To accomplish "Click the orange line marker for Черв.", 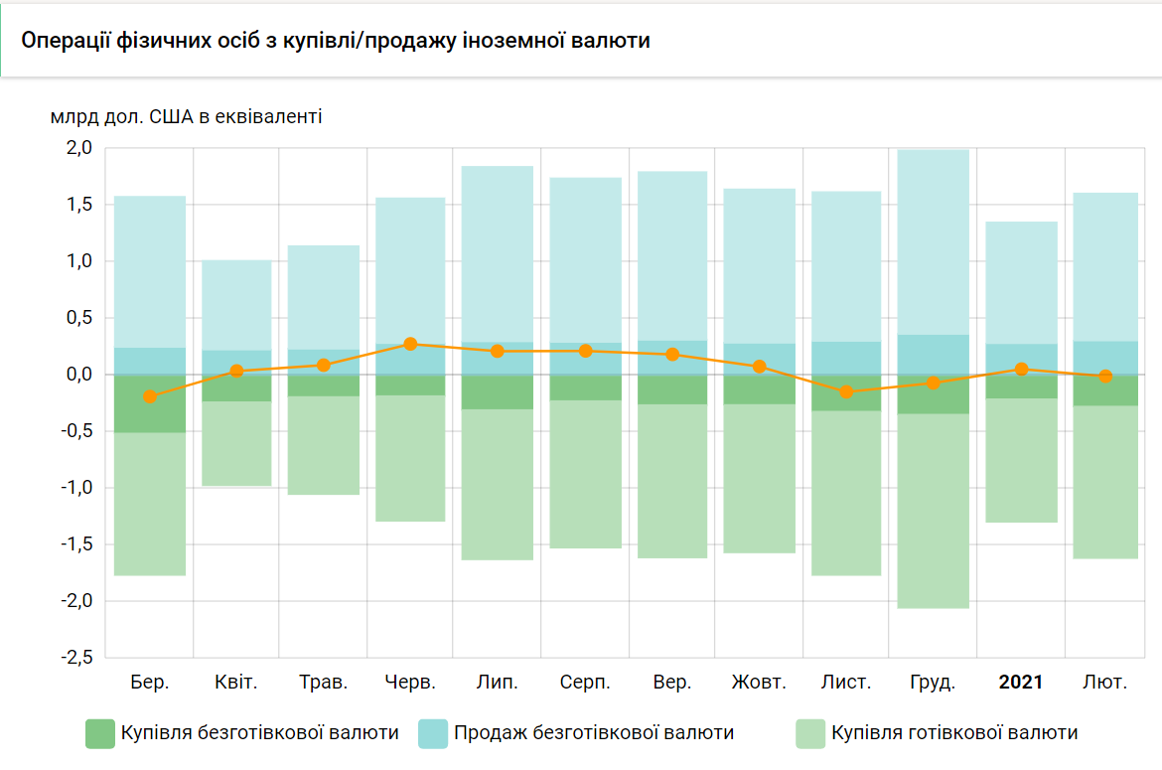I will pos(411,344).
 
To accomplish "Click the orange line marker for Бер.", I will pos(150,396).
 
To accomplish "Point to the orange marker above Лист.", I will pos(847,392).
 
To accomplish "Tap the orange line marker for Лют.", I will pos(1105,377).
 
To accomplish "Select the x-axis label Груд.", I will pos(933,683).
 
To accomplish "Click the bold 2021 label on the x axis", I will pos(1021,683).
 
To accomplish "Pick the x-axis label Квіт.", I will pos(236,683).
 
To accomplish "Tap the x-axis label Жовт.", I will pos(759,683).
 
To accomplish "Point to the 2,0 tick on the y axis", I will pos(79,148).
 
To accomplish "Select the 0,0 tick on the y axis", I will pos(79,375).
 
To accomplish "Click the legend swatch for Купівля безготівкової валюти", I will pos(100,733).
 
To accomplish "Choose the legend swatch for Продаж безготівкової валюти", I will pos(433,733).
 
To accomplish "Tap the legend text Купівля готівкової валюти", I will pos(954,733).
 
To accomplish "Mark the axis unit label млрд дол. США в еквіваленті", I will pos(186,117).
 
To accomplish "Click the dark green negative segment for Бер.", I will pos(150,403).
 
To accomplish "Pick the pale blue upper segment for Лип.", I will pos(498,254).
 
